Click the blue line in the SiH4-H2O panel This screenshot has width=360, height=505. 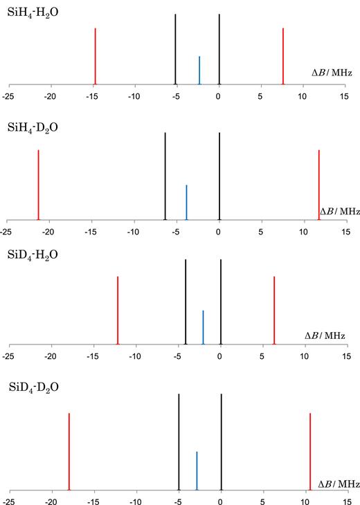click(199, 70)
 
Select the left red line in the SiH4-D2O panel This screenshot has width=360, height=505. click(38, 184)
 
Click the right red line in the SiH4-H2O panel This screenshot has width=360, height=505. click(283, 56)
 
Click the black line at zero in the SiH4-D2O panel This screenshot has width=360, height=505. click(219, 176)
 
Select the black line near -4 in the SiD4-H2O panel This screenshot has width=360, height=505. click(186, 301)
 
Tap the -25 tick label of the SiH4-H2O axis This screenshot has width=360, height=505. click(8, 96)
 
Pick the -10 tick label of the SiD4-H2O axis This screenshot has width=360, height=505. click(134, 357)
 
